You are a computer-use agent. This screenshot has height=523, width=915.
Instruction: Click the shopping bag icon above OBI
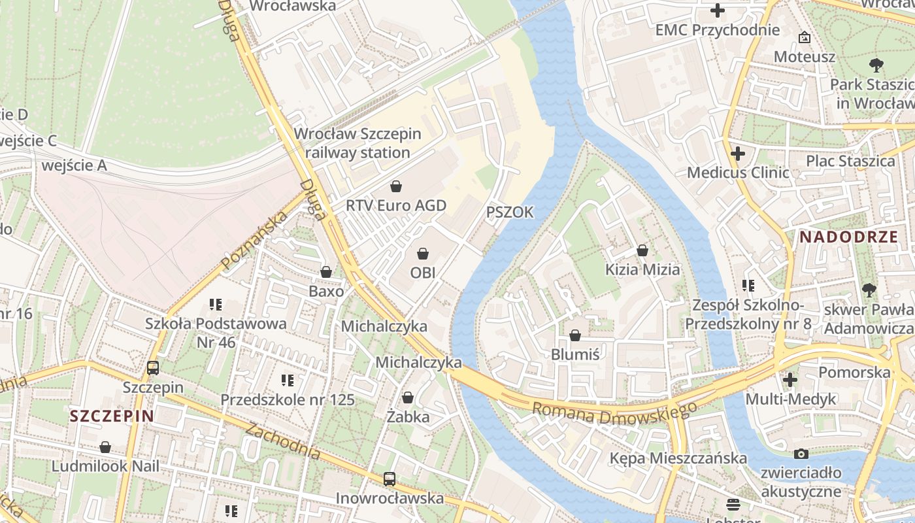[423, 253]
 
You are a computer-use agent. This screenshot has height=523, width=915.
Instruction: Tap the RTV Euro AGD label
[395, 205]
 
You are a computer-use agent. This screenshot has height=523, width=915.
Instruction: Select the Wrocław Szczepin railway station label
[358, 143]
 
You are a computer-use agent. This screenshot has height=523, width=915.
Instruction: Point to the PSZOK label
[510, 212]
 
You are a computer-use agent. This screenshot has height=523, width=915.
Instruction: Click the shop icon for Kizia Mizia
[642, 250]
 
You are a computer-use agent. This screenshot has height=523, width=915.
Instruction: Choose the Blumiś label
[575, 354]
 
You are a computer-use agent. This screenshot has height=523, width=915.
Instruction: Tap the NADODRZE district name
[849, 237]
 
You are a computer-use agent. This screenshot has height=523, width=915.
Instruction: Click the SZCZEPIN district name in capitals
[112, 416]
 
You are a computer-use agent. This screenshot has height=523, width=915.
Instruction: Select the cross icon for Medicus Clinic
[738, 154]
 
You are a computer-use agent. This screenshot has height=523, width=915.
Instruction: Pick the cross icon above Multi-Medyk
[790, 379]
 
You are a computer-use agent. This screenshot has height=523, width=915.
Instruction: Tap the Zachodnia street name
[284, 439]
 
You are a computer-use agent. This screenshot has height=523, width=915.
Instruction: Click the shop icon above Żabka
[408, 397]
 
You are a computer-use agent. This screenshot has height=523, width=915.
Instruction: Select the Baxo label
[326, 291]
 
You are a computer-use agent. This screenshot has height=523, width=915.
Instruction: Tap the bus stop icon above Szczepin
[153, 368]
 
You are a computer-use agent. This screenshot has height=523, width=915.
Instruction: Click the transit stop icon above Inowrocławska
[390, 479]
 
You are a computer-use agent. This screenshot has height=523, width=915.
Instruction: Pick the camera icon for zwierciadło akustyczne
[801, 454]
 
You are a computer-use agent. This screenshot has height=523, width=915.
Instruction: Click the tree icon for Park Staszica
[876, 65]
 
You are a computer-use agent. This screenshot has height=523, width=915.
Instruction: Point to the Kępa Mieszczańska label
[678, 458]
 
